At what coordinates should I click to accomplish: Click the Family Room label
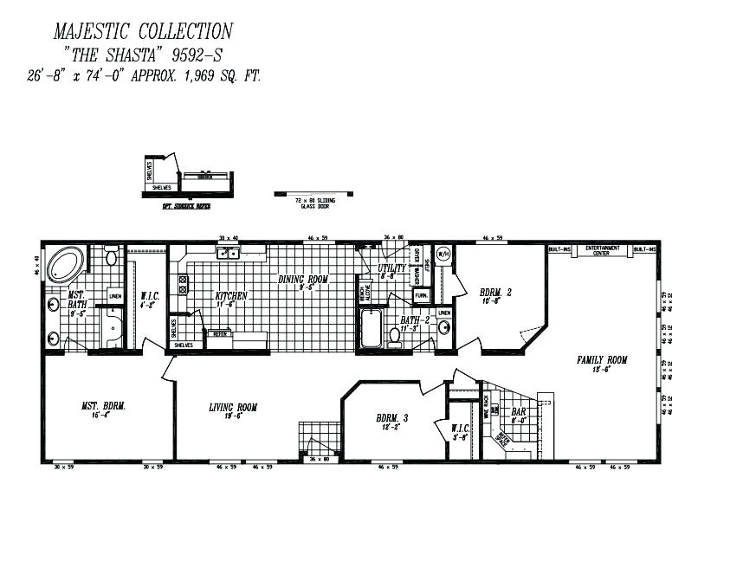coord(603,360)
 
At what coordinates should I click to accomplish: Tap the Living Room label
coord(233,407)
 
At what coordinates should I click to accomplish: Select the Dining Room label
coord(303,280)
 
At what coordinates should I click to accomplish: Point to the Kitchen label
coord(231,295)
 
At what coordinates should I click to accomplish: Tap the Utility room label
coord(393,268)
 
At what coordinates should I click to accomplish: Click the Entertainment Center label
coord(603,250)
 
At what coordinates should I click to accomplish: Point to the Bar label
coord(519,412)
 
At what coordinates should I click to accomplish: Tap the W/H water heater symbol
coord(443,255)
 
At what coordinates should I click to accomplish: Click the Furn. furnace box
coord(421,295)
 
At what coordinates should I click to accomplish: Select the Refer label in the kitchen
coord(221,333)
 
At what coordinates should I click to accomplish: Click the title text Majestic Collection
coord(143,32)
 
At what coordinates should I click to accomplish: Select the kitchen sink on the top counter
coord(229,253)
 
